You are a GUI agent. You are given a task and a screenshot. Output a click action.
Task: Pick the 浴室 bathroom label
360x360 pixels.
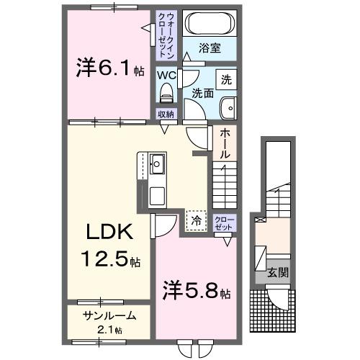pyautogui.click(x=211, y=49)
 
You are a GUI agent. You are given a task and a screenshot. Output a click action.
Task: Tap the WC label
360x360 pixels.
pyautogui.click(x=167, y=74)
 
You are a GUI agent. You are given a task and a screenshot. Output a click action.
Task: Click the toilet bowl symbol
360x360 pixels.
pyautogui.click(x=167, y=91)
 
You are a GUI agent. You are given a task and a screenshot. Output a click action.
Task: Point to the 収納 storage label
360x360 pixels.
pyautogui.click(x=166, y=113)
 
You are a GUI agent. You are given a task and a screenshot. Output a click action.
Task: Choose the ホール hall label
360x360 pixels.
pyautogui.click(x=225, y=144)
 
